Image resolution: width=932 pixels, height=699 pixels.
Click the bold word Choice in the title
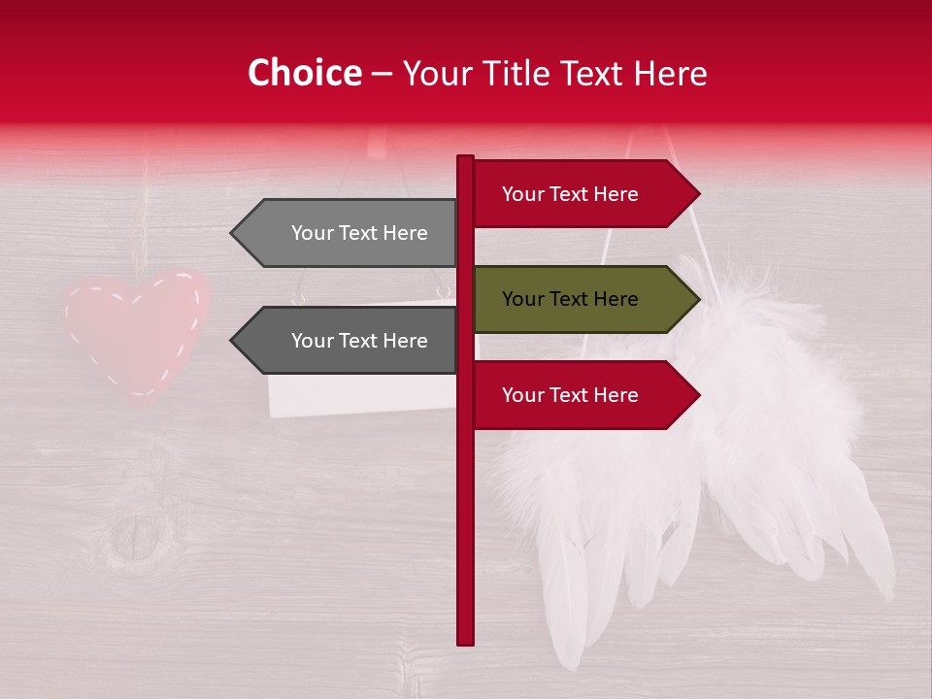pyautogui.click(x=304, y=74)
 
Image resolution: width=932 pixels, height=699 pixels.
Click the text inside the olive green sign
pyautogui.click(x=570, y=299)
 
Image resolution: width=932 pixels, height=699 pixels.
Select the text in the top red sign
pyautogui.click(x=570, y=194)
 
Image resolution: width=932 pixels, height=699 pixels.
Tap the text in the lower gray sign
pyautogui.click(x=359, y=341)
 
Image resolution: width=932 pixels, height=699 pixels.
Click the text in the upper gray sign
pyautogui.click(x=359, y=233)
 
